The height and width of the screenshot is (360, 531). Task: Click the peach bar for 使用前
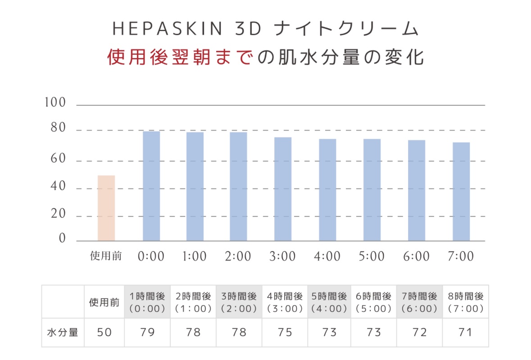pyautogui.click(x=106, y=208)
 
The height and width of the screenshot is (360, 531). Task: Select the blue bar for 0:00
pyautogui.click(x=151, y=186)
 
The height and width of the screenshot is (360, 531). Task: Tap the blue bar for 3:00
pyautogui.click(x=283, y=189)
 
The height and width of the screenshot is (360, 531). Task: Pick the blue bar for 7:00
pyautogui.click(x=461, y=191)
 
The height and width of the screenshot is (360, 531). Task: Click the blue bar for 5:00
pyautogui.click(x=372, y=189)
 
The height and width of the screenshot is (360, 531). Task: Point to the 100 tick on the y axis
pyautogui.click(x=55, y=103)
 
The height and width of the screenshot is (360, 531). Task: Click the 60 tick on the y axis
pyautogui.click(x=55, y=159)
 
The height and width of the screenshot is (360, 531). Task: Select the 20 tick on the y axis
pyautogui.click(x=55, y=215)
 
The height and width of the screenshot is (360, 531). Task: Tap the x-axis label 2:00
pyautogui.click(x=239, y=256)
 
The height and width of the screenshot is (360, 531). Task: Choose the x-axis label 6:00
pyautogui.click(x=417, y=256)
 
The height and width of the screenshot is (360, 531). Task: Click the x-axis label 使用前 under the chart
pyautogui.click(x=106, y=256)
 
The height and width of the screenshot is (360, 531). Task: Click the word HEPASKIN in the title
pyautogui.click(x=168, y=29)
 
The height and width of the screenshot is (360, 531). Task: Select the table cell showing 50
pyautogui.click(x=104, y=333)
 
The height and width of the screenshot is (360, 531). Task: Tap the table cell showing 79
pyautogui.click(x=148, y=333)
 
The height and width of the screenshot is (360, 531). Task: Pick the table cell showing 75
pyautogui.click(x=285, y=333)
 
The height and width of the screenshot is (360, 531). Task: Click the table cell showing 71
pyautogui.click(x=466, y=333)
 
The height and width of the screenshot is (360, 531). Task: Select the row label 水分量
pyautogui.click(x=63, y=333)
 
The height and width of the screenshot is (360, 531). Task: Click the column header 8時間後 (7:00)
pyautogui.click(x=466, y=302)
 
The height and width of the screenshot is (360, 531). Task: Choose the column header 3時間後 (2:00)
pyautogui.click(x=239, y=302)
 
